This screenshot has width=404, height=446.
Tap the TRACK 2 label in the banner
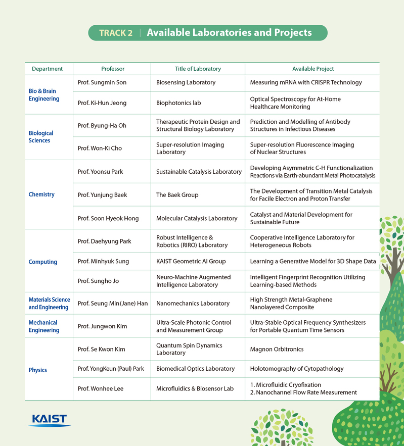(116, 33)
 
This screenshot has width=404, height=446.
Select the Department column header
(48, 69)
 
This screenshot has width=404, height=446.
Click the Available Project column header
(313, 69)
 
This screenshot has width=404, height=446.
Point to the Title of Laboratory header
(194, 69)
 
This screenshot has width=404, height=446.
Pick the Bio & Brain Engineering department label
(43, 95)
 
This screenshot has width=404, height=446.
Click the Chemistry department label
(41, 194)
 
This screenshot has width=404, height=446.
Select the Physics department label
(38, 370)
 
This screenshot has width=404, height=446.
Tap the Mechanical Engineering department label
(43, 326)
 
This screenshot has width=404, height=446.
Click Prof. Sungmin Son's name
(102, 82)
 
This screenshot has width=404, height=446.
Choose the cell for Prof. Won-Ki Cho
(100, 148)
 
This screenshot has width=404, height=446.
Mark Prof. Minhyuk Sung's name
(103, 261)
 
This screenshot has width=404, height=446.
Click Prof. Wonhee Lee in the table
(100, 389)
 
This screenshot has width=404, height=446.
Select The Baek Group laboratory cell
(177, 195)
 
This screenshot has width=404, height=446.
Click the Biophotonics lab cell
(178, 103)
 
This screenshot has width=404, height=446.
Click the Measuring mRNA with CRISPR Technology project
(306, 82)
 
